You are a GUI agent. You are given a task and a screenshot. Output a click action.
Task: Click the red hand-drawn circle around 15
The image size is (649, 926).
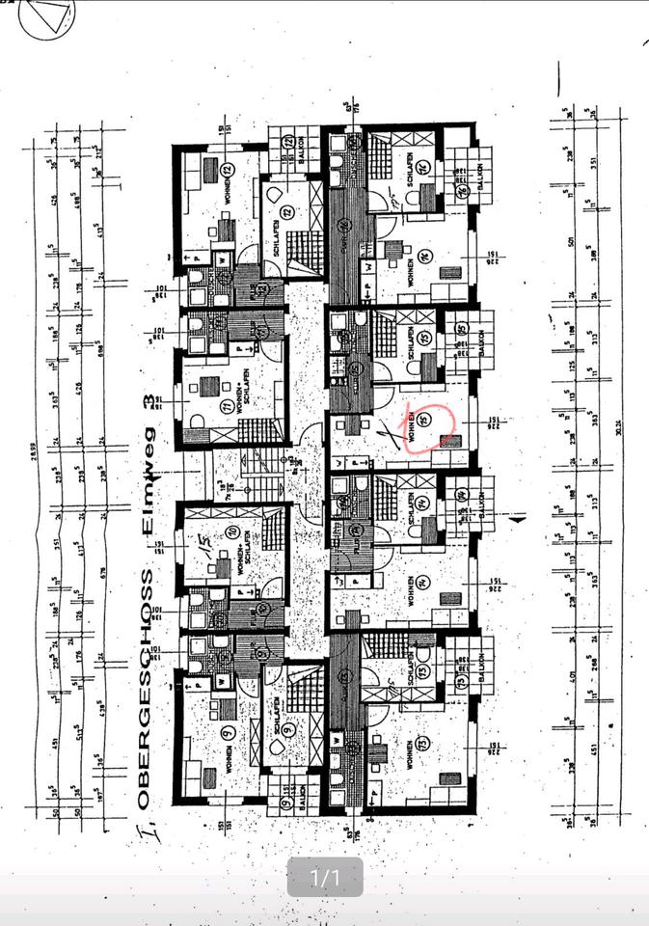(x=439, y=422)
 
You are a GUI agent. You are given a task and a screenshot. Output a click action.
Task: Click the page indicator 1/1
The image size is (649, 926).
(x=325, y=878)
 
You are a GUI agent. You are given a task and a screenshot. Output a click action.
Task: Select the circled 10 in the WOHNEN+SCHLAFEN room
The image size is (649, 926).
(x=232, y=532)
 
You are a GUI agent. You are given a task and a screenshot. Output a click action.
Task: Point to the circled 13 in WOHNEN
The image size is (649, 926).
(x=422, y=744)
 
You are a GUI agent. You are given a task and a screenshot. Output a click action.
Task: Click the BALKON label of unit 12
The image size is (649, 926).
(x=301, y=149)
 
